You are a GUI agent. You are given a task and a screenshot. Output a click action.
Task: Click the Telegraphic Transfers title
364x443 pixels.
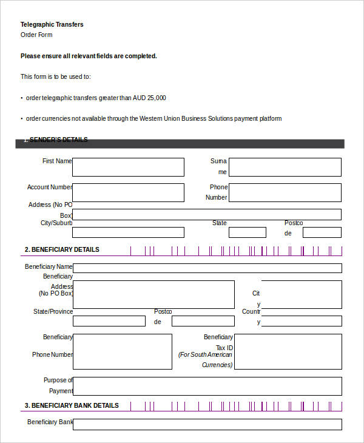coord(52,24)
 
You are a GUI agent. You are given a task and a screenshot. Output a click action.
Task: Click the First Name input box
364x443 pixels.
coord(128,167)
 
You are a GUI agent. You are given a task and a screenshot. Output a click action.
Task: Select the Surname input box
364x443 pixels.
coord(285,167)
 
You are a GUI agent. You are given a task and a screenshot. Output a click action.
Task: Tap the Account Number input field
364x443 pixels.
coord(128,192)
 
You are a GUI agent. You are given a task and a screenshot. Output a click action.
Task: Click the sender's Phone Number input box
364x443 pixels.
coord(285,192)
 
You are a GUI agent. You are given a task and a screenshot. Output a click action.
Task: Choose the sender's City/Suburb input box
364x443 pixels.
coord(128,232)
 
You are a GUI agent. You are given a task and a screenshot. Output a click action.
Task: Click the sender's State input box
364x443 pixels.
coord(247,232)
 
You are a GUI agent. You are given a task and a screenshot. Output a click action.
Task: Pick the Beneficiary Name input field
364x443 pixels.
coord(207,268)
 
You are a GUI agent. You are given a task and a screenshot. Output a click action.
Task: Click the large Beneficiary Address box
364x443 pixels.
coord(153,294)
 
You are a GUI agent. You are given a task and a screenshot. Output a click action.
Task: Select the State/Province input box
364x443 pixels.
coord(109,321)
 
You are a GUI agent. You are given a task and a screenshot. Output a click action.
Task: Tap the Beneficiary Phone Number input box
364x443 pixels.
coord(122,351)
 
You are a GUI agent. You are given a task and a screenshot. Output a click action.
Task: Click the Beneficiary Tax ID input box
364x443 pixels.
coord(288,351)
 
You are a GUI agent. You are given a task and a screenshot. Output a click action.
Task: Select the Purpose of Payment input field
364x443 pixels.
coord(207,386)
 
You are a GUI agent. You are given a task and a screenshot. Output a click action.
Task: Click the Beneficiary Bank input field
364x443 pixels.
coord(207,424)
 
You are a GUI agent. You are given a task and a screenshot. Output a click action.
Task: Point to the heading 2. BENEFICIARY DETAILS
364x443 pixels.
coord(62,249)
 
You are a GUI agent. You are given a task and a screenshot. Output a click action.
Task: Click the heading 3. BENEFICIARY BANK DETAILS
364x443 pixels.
coord(72,405)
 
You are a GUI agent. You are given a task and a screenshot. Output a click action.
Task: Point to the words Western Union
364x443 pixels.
coord(161,119)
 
